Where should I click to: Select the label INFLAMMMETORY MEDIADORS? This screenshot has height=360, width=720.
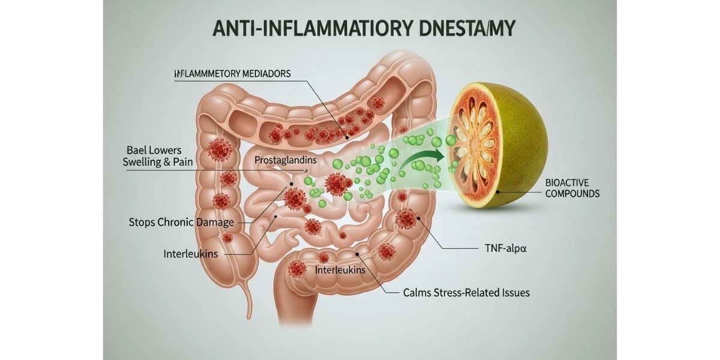click(232, 74)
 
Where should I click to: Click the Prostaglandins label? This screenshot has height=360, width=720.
click(286, 161)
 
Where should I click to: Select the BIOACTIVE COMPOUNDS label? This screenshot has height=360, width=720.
click(572, 188)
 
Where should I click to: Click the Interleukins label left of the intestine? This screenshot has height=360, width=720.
click(190, 254)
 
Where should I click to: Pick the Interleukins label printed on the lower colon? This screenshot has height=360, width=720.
click(340, 271)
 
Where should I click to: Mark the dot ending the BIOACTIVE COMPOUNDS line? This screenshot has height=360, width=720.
click(497, 191)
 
